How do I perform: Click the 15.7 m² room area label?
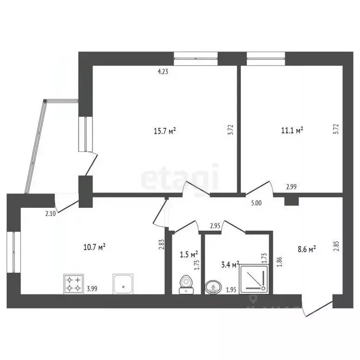pos(165,132)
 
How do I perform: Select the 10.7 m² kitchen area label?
pos(94,247)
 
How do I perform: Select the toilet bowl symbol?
pos(187,284)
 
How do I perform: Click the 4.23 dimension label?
pos(163,72)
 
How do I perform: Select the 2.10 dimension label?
pos(50,214)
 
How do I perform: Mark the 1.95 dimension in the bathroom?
pos(231,290)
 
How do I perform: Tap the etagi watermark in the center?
pos(180,177)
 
